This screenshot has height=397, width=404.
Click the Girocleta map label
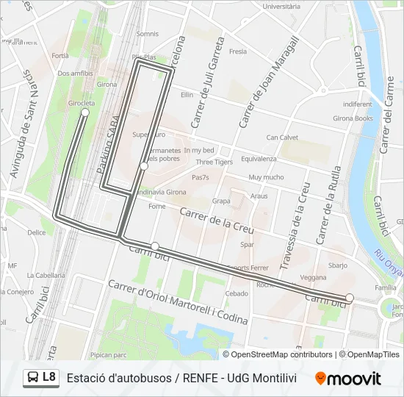tap(81, 103)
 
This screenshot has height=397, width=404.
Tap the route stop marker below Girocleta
tap(85, 113)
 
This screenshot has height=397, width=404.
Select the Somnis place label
tap(147, 34)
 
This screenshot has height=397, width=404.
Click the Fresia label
tap(238, 51)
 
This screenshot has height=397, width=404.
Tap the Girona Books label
tap(353, 118)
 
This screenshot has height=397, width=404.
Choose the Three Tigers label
tap(214, 162)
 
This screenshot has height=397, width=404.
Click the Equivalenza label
tap(259, 159)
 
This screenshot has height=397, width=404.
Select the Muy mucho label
tap(266, 177)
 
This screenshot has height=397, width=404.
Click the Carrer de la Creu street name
tap(217, 219)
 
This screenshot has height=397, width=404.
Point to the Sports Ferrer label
tap(248, 268)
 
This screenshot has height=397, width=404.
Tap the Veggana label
tap(313, 277)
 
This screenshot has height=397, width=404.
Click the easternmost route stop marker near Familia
tap(350, 298)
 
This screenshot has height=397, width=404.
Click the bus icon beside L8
tap(33, 378)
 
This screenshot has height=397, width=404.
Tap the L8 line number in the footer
tap(49, 377)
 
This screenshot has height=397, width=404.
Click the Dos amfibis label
tap(75, 74)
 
